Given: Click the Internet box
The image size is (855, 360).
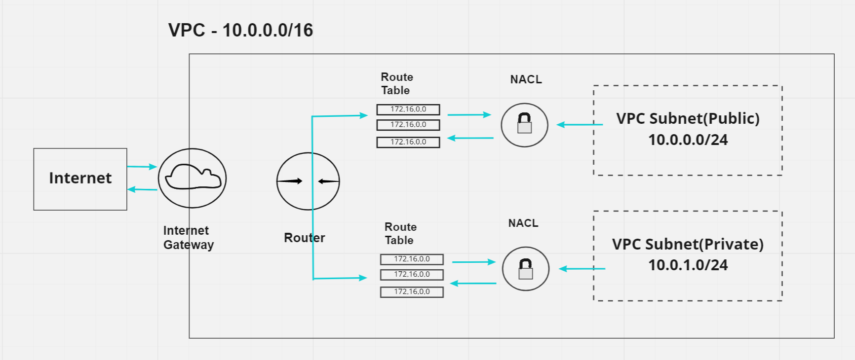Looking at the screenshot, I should pos(80,179).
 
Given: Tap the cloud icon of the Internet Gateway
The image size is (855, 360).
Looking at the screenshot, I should pos(193,178).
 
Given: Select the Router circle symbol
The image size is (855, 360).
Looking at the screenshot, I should pos(308,181).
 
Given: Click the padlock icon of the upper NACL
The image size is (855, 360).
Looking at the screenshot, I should pos(524,124).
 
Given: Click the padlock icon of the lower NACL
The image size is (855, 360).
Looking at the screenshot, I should pos(526,269).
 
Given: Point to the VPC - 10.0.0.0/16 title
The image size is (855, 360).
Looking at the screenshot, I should pos(240,30).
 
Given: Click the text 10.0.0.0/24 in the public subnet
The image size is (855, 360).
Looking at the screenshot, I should pos(688,140).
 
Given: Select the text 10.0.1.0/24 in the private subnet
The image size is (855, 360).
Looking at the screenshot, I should pos(688,265).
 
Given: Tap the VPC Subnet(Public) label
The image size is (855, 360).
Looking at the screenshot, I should pos(688,118).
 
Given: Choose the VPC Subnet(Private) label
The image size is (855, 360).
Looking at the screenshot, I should pos(688,244).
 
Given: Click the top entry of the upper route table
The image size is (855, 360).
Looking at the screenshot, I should pos(408,109).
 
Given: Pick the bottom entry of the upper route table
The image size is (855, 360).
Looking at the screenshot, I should pos(408,142).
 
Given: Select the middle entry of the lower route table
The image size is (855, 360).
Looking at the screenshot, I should pos(412,274).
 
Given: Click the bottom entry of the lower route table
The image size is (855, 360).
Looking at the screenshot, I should pos(412,292).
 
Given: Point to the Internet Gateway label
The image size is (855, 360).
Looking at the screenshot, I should pos(188,238).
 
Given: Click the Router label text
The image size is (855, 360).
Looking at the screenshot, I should pos(304,238).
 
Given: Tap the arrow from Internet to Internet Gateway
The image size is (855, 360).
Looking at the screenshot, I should pos(142,167).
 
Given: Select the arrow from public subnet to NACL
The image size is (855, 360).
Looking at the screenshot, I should pos(580,125).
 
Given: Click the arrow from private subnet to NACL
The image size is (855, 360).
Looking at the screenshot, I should pos(582,269).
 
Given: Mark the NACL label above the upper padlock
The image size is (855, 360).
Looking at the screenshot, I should pos(526,79).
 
